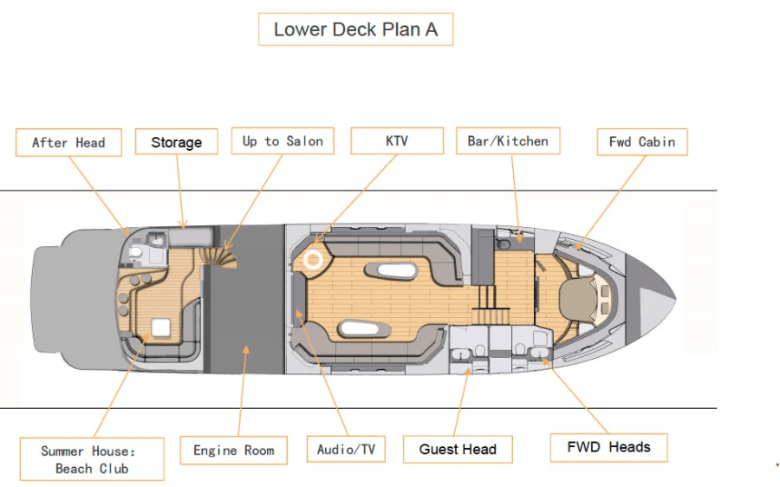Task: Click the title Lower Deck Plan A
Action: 355,29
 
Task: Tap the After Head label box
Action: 68,142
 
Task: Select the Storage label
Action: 176,142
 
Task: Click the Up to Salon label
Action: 283,141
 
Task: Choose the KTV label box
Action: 396,140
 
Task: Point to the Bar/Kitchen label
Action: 508,140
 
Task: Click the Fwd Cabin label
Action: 641,141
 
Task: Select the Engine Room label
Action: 233,450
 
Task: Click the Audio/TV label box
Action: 345,449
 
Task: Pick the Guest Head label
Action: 458,449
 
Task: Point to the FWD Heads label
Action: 608,447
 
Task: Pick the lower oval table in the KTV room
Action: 363,328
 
